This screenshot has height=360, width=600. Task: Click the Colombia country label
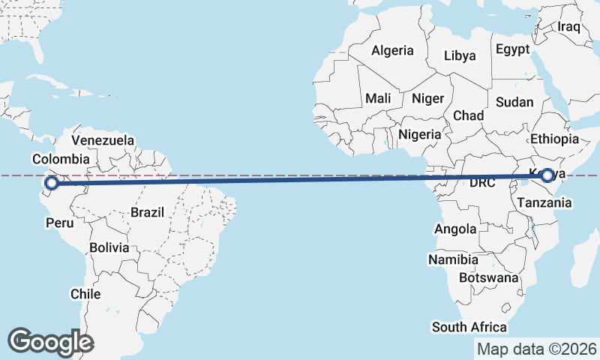click(x=61, y=159)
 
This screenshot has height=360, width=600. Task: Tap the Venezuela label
click(x=103, y=140)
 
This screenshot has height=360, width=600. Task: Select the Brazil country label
click(x=147, y=212)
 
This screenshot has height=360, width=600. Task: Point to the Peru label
click(x=60, y=223)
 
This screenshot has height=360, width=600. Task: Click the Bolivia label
click(x=109, y=247)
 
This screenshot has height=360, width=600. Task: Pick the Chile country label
click(x=85, y=294)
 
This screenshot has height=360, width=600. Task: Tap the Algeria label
click(x=392, y=51)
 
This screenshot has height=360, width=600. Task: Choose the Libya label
click(x=460, y=55)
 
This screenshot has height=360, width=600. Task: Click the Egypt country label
click(x=512, y=49)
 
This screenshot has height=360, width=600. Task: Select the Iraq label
click(x=569, y=27)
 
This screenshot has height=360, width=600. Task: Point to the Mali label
click(x=378, y=98)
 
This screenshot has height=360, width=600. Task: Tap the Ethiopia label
click(x=554, y=139)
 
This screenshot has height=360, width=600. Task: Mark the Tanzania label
click(x=544, y=202)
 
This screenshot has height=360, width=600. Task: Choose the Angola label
click(x=454, y=229)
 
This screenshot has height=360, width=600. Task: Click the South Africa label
click(x=469, y=327)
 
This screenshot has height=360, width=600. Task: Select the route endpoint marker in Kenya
click(x=547, y=175)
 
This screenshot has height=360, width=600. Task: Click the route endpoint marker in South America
click(x=51, y=183)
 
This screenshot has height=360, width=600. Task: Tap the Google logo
click(x=50, y=342)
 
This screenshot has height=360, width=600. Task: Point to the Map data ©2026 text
click(x=537, y=349)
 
